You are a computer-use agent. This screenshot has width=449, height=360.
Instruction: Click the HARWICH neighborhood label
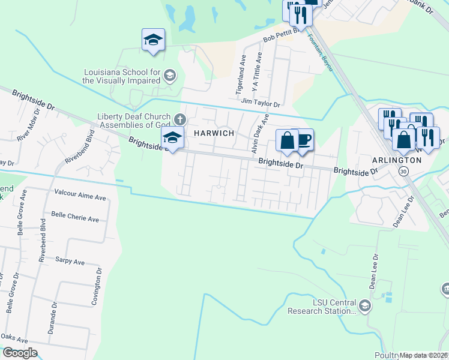(212, 133)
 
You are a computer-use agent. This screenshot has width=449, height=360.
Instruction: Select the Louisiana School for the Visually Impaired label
(121, 76)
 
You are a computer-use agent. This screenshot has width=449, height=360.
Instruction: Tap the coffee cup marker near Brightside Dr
(304, 140)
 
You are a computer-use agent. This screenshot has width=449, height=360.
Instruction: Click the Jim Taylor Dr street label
(261, 104)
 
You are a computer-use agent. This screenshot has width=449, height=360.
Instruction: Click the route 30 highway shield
(403, 172)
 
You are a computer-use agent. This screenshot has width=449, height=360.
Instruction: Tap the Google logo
(19, 353)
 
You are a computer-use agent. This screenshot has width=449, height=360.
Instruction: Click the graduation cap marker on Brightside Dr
(172, 138)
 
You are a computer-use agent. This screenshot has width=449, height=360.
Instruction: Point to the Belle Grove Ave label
(20, 213)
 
